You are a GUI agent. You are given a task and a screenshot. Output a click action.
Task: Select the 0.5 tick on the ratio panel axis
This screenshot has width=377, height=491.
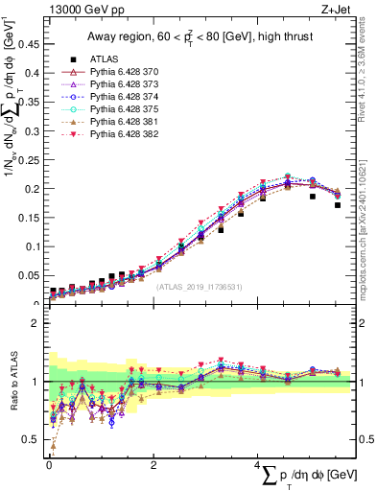(x=32, y=439)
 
